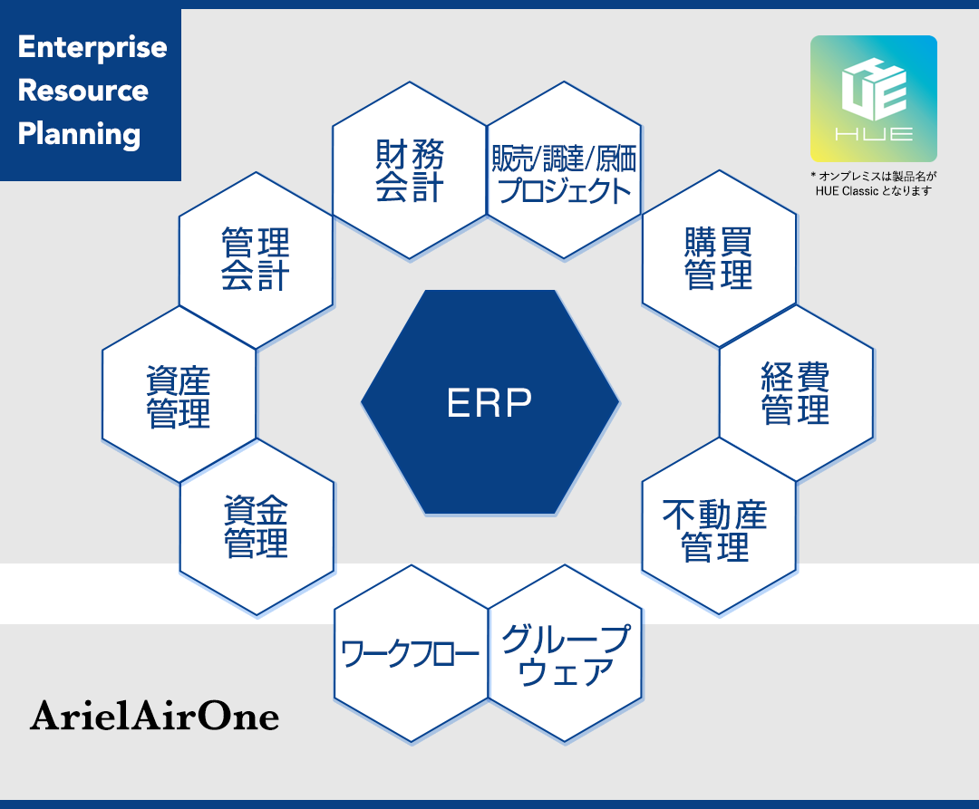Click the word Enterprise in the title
coord(92,48)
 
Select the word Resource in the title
coord(83,91)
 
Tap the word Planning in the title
coord(79,135)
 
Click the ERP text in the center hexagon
coord(489,403)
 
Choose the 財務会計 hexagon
coord(410,170)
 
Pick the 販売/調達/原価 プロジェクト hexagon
coord(565,170)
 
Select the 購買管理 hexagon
coord(719,259)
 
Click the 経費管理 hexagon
coord(796,393)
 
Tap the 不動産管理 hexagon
coord(719,526)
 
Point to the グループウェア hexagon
coord(565,654)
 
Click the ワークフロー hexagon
coord(411,654)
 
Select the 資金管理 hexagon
coord(257,527)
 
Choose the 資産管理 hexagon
coord(179,394)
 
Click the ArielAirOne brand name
coord(154,716)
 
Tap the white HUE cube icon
coord(874,89)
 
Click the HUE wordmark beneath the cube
coord(874,134)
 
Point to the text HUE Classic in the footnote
coord(847,191)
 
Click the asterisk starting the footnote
coord(813,175)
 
